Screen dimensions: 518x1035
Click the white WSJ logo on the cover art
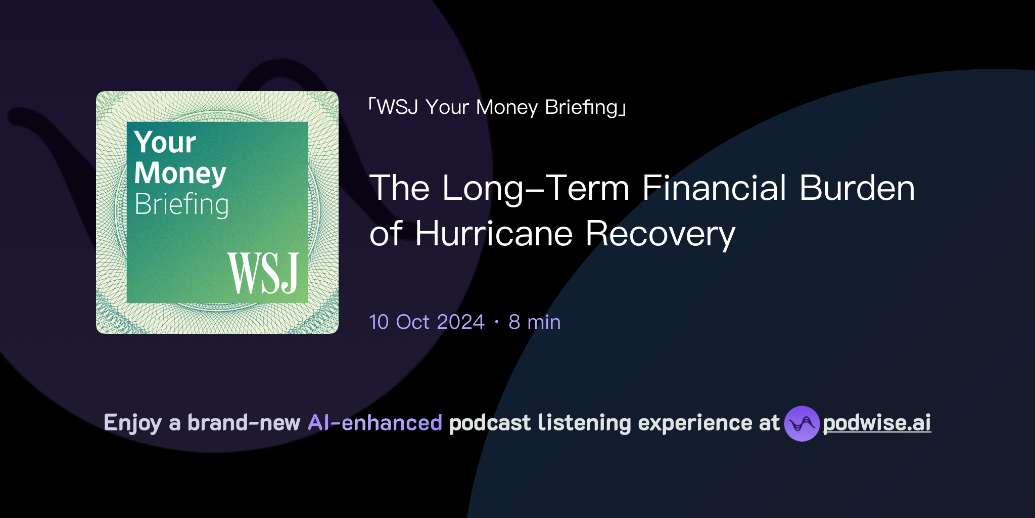[x=263, y=273]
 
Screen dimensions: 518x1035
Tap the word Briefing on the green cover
[x=181, y=204]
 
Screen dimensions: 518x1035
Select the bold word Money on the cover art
[x=180, y=173]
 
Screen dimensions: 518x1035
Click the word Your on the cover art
[x=165, y=142]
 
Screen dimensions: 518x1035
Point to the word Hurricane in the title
[x=493, y=234]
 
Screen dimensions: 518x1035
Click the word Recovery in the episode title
[x=660, y=234]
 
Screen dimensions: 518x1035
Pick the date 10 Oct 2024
[x=427, y=322]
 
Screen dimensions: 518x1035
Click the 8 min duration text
[x=535, y=322]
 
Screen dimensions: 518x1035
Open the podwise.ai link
[x=877, y=423]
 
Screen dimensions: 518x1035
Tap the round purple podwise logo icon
[x=802, y=423]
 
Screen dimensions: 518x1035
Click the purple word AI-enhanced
[x=375, y=423]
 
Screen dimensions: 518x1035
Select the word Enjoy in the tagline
[x=132, y=423]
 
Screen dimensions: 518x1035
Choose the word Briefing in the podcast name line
[x=582, y=107]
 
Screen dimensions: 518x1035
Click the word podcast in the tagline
[x=490, y=423]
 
